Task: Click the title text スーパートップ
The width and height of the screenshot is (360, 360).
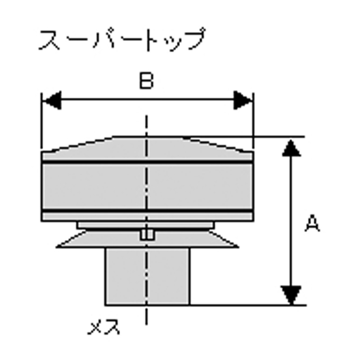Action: [x=121, y=39]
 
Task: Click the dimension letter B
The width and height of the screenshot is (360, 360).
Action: [x=147, y=81]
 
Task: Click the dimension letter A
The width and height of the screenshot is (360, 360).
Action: [x=312, y=223]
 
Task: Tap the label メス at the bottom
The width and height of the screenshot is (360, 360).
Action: [x=104, y=327]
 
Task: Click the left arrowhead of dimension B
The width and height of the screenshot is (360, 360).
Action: [x=52, y=100]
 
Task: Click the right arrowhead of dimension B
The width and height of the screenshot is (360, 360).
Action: [x=243, y=100]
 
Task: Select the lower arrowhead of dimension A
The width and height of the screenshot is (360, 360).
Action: [x=291, y=295]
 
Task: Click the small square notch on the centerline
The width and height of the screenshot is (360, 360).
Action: [x=148, y=235]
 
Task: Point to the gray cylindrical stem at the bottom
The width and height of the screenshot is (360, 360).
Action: [x=148, y=276]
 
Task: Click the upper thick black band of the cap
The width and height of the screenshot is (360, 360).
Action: [x=148, y=162]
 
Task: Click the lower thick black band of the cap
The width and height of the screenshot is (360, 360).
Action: [x=148, y=211]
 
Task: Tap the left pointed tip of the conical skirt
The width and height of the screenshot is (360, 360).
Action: [x=57, y=247]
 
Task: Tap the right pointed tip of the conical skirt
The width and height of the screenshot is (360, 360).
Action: [x=238, y=247]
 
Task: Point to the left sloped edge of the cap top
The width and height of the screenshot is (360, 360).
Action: [x=77, y=144]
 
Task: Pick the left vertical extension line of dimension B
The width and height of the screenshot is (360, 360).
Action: [x=41, y=121]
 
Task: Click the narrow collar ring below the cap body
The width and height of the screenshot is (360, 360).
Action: [x=146, y=225]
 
